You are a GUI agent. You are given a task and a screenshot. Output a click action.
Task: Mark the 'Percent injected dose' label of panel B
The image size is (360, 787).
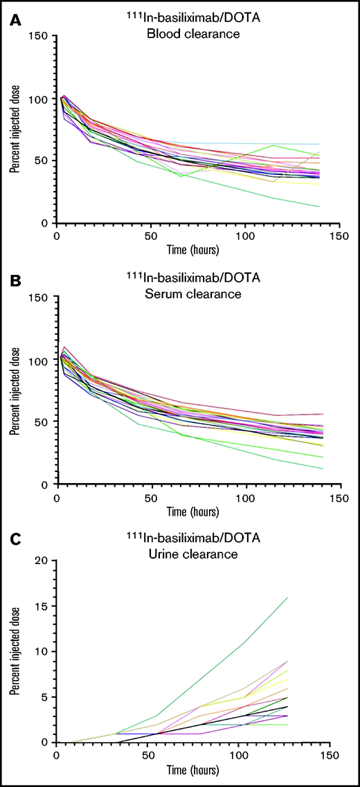pos(15,391)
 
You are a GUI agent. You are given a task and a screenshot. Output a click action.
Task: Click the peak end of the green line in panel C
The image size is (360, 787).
pos(287,597)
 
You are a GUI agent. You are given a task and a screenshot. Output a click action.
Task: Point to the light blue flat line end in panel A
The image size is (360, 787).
pos(319,145)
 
